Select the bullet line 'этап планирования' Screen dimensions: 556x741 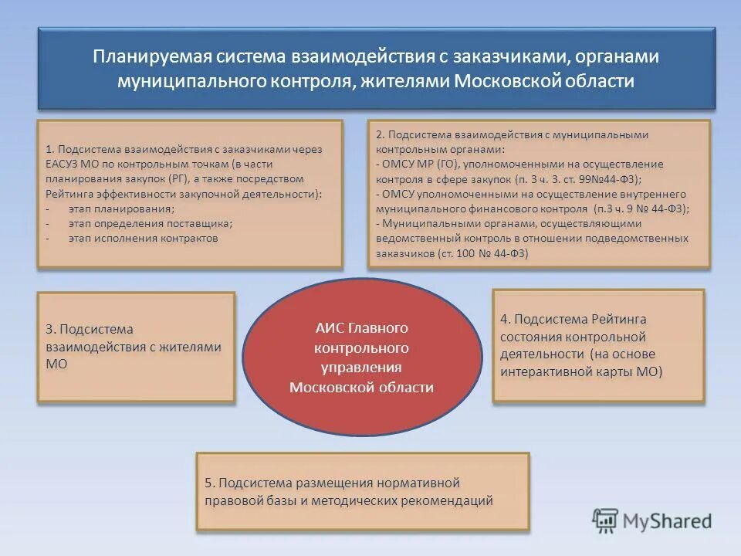(120, 209)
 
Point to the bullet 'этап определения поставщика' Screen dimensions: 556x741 (149, 224)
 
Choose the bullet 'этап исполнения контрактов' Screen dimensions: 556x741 (143, 239)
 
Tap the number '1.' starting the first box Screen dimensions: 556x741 (50, 150)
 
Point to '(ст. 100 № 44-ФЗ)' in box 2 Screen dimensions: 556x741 (482, 253)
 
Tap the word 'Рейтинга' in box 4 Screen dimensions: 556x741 (619, 319)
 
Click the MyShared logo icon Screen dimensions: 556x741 (606, 520)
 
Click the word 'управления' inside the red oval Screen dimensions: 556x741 (362, 368)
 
